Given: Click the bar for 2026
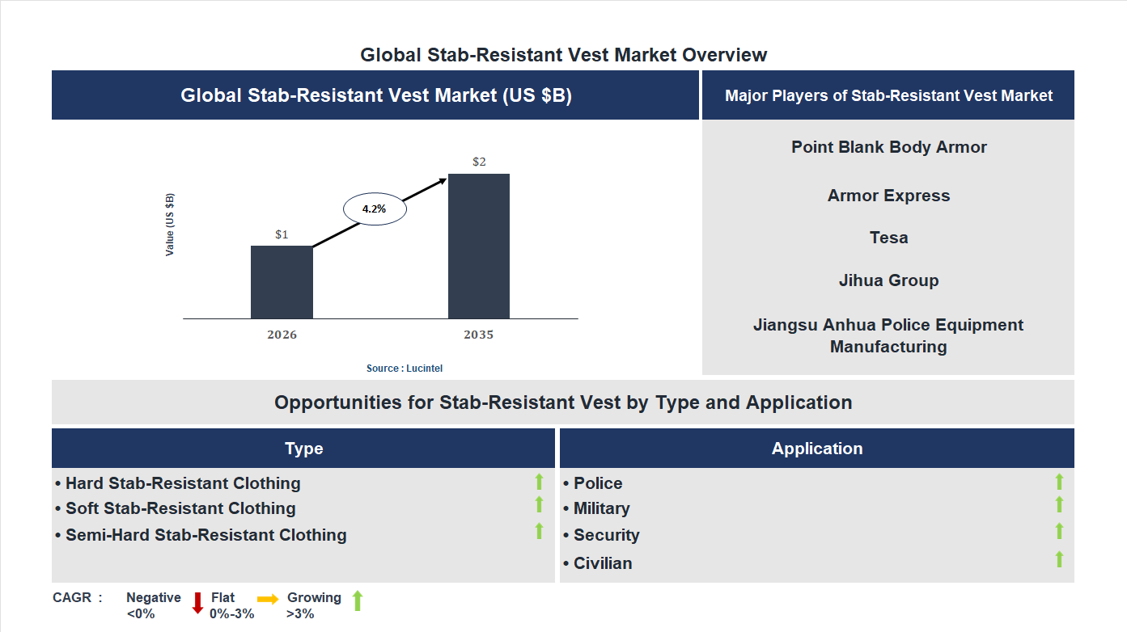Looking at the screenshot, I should click(x=282, y=282).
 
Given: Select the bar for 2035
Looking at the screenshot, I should click(x=479, y=246).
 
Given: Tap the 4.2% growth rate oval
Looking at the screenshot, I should click(x=375, y=209).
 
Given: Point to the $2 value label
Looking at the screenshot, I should click(x=479, y=162).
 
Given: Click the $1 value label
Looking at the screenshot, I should click(x=282, y=234).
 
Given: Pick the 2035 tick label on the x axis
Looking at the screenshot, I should click(x=479, y=335).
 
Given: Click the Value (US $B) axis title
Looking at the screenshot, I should click(x=170, y=225).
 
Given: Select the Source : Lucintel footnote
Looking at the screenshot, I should click(x=405, y=369).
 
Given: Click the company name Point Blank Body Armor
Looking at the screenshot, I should click(x=889, y=147).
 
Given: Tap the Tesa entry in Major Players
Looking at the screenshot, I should click(x=889, y=238).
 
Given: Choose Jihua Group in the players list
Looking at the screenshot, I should click(x=889, y=280).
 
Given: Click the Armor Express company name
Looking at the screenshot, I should click(x=889, y=196).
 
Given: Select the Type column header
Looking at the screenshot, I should click(x=304, y=449).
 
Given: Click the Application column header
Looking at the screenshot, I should click(x=817, y=449).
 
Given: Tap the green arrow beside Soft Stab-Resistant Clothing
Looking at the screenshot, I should click(x=539, y=505).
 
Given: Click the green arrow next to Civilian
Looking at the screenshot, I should click(x=1059, y=559).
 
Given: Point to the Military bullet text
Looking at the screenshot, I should click(x=601, y=508).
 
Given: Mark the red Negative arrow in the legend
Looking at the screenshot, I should click(x=197, y=603).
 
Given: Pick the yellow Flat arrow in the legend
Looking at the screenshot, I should click(x=268, y=599).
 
